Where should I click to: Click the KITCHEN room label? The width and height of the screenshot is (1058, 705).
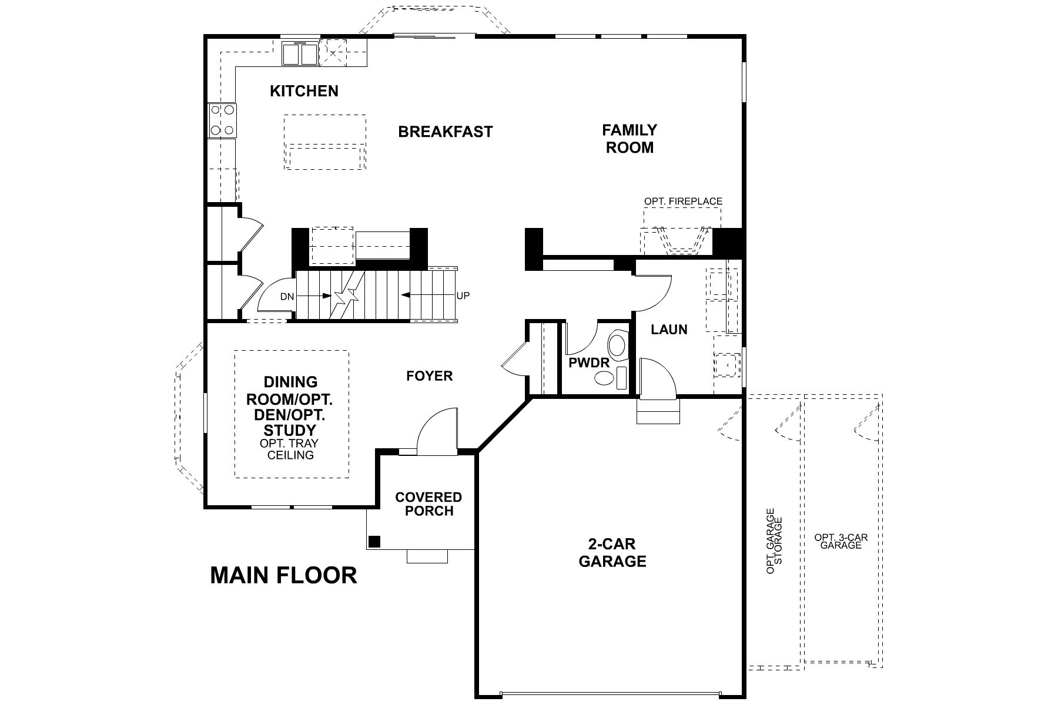(304, 91)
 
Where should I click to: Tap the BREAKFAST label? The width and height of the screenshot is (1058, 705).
(445, 132)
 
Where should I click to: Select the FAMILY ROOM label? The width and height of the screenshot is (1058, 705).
(630, 139)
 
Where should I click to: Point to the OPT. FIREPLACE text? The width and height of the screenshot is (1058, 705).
(683, 202)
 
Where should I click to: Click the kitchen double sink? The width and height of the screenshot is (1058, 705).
(300, 54)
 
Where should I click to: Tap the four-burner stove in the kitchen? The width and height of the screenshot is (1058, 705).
(222, 120)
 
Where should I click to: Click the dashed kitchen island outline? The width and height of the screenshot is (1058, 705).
(325, 142)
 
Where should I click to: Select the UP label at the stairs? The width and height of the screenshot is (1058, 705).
(463, 296)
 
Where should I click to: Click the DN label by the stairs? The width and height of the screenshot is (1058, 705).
(287, 297)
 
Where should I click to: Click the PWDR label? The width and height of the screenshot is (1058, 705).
(589, 363)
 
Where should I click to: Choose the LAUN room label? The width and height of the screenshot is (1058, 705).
(669, 330)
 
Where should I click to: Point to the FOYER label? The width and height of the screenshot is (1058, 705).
(430, 376)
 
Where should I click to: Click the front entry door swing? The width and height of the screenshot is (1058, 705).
(437, 431)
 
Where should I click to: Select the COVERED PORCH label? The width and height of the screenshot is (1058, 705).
(428, 504)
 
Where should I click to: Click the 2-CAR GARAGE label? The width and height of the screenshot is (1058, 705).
(612, 552)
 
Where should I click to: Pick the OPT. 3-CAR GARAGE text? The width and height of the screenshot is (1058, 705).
(841, 541)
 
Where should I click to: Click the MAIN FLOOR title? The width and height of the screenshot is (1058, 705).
(283, 575)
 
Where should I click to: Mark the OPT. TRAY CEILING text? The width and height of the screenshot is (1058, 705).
(290, 449)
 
